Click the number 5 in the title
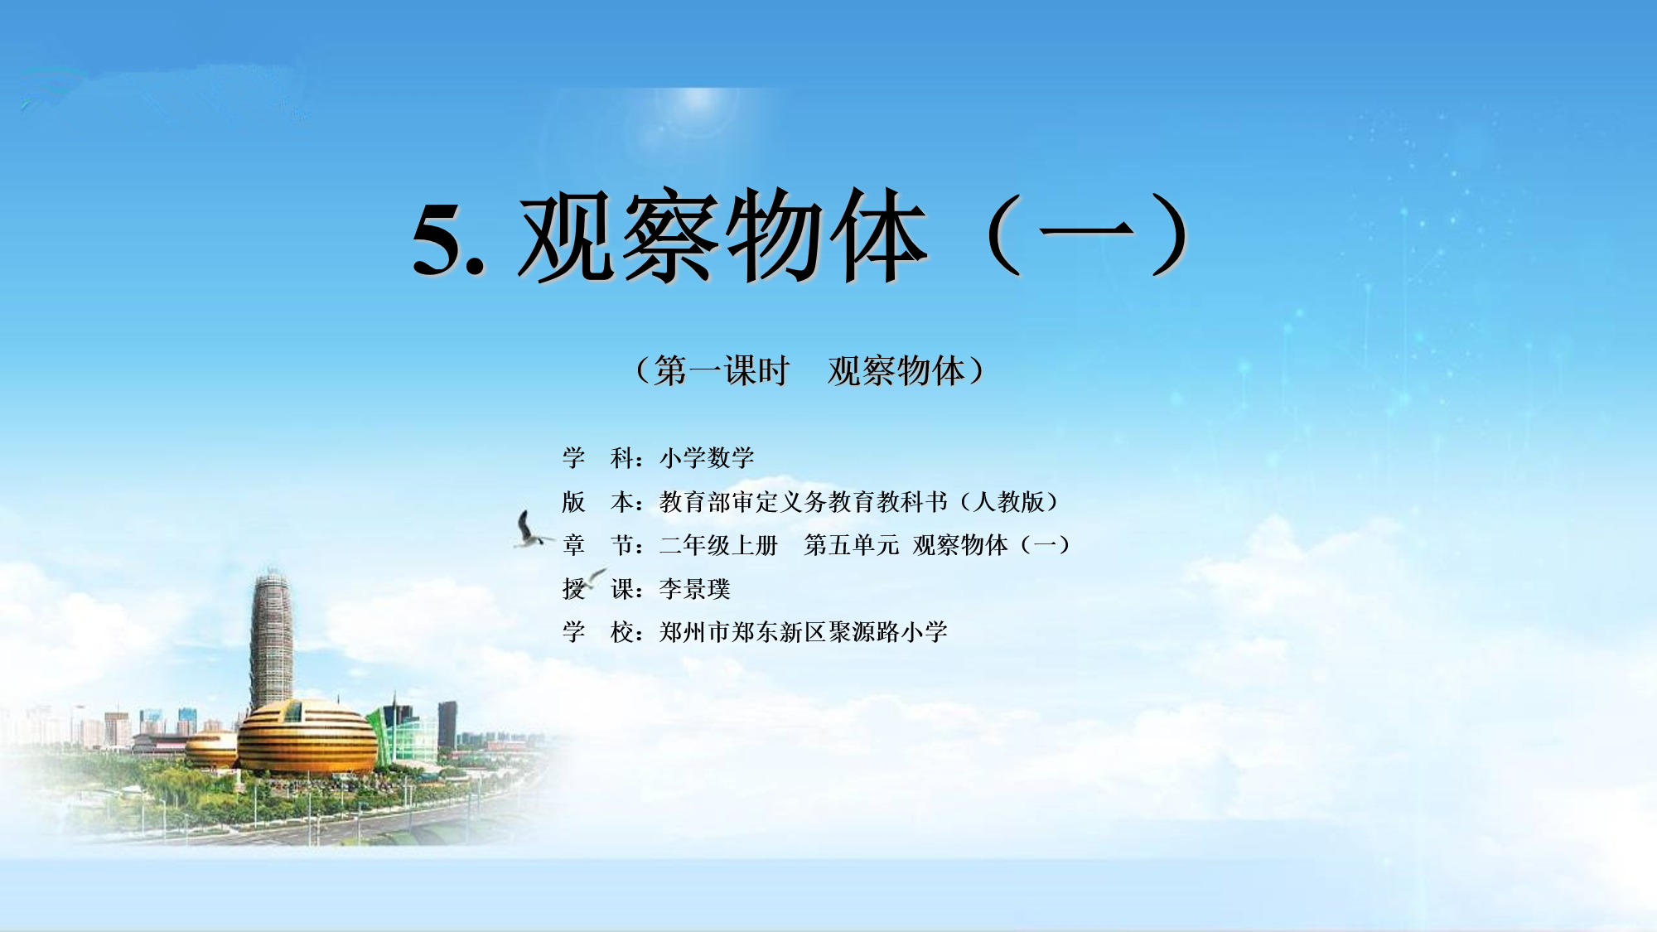click(x=437, y=239)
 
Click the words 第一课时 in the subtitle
click(x=721, y=370)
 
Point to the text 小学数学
click(x=707, y=457)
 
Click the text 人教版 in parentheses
click(x=1009, y=501)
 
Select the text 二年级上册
click(x=718, y=545)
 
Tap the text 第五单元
click(x=851, y=545)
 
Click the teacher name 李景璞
click(x=694, y=589)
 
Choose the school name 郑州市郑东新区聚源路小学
click(x=803, y=632)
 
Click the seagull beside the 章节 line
click(x=529, y=529)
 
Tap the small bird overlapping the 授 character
click(x=593, y=577)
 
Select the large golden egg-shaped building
click(x=307, y=737)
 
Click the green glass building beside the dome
click(x=403, y=733)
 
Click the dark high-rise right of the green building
click(x=447, y=724)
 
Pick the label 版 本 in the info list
click(x=597, y=501)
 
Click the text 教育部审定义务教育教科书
click(x=803, y=501)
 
